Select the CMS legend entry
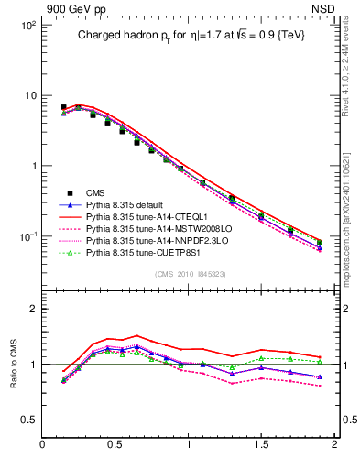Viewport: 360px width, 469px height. click(x=97, y=192)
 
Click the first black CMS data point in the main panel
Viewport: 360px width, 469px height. click(x=63, y=107)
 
